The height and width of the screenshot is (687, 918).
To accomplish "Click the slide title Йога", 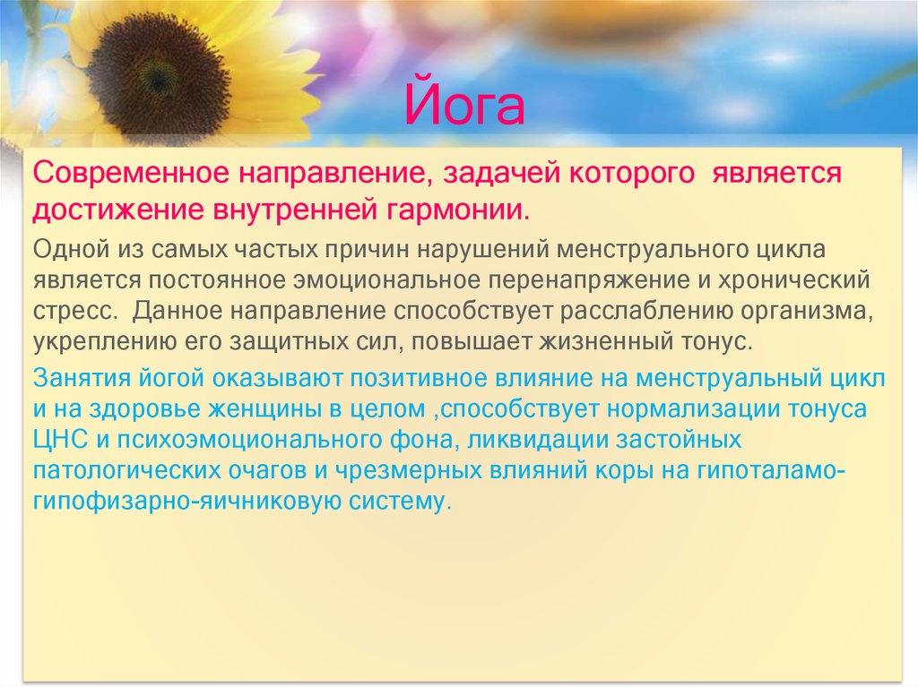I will [x=465, y=105].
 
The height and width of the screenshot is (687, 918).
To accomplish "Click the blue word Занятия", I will [x=77, y=378].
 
